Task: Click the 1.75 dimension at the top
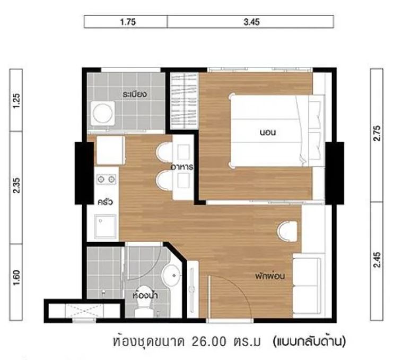point(128,22)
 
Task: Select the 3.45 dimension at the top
point(251,22)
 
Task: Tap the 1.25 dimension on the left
point(16,100)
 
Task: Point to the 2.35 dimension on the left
point(16,185)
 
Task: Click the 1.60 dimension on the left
point(16,278)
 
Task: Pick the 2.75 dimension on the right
point(377,133)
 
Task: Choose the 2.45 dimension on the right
point(377,260)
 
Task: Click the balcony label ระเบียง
point(135,94)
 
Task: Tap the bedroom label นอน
point(268,132)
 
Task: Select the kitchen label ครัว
point(105,202)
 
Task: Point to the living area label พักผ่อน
point(270,276)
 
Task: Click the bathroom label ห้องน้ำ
point(145,295)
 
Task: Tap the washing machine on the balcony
point(103,113)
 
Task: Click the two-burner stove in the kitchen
point(106,179)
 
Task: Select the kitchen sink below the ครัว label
point(105,226)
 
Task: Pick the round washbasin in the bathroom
point(172,275)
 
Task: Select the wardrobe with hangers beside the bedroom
point(184,101)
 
